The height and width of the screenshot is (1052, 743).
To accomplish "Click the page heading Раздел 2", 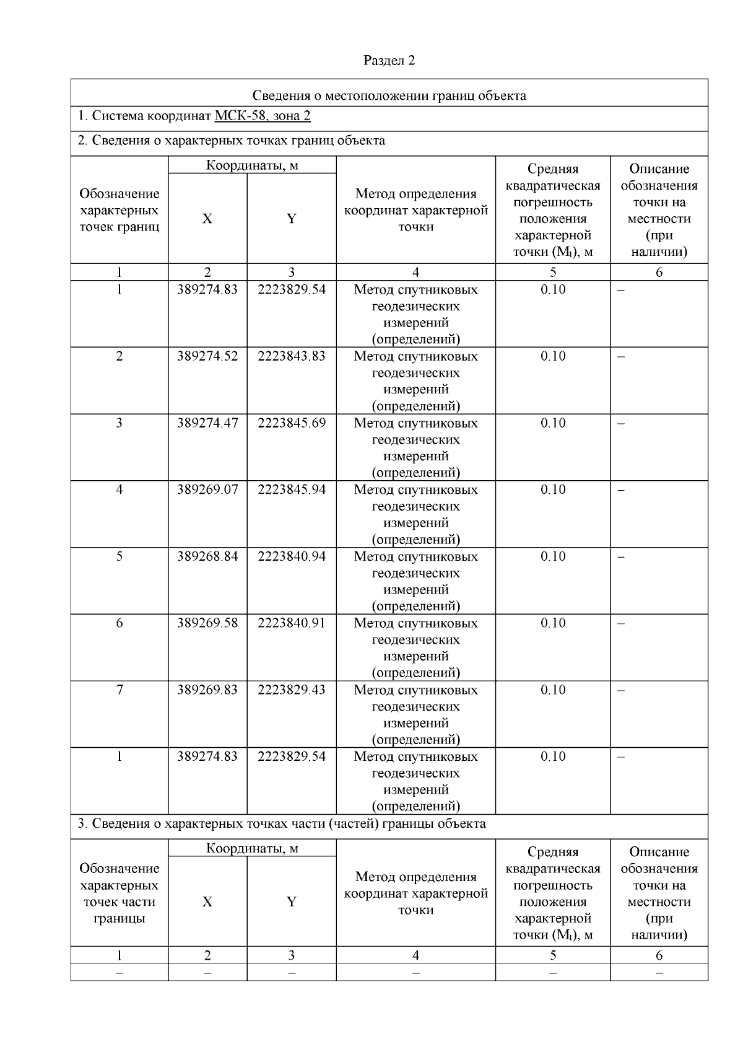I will tap(389, 60).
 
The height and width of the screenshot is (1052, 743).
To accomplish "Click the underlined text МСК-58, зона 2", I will tap(263, 116).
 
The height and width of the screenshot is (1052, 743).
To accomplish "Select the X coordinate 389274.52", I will tap(207, 356).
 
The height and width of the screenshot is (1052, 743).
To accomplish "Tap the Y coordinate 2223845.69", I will tap(292, 423).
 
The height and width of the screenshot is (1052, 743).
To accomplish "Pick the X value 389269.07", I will tap(207, 489).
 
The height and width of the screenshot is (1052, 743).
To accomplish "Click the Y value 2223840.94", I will tap(292, 556).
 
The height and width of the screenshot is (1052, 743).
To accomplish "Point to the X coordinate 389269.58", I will tap(207, 623).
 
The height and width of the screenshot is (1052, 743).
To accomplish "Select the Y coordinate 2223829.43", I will tap(292, 690).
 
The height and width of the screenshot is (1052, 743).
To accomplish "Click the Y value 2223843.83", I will tap(292, 356).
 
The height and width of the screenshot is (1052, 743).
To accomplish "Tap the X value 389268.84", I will tap(207, 556).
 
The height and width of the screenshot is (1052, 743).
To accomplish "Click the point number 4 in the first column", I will tap(119, 489).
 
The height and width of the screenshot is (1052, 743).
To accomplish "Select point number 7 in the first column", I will tap(119, 690).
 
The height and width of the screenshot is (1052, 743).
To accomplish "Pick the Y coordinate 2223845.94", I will tap(292, 489).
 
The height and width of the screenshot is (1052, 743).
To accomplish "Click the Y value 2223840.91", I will tap(292, 623).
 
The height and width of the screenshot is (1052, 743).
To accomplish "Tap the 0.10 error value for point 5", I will tap(553, 556).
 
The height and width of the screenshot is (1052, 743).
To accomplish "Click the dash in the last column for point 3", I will tap(622, 424).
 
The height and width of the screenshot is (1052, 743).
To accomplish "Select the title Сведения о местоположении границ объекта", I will tap(389, 95).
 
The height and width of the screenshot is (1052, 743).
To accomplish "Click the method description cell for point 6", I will tap(415, 647).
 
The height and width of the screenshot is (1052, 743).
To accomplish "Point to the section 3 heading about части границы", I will tap(282, 823).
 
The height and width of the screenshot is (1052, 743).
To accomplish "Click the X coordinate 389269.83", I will tap(207, 690).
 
